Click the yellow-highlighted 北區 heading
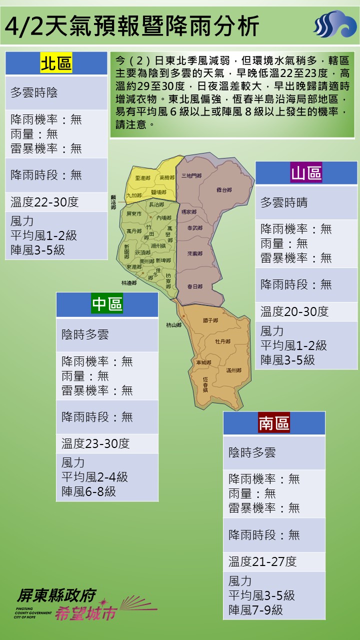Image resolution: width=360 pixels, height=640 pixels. click(56, 63)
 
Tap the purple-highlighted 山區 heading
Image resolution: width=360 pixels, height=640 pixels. click(306, 173)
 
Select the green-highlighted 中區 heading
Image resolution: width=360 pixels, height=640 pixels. click(107, 304)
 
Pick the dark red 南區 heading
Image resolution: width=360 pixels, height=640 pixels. click(274, 423)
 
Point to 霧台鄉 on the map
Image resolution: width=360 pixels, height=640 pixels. click(224, 190)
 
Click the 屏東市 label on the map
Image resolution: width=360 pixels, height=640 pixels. click(134, 213)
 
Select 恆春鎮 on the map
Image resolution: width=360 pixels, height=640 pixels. click(205, 384)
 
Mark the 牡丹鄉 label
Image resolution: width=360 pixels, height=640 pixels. click(222, 341)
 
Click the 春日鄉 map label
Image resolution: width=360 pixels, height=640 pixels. click(194, 286)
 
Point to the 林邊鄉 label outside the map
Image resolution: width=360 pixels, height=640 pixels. click(128, 282)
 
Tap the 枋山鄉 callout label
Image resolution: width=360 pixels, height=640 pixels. click(174, 325)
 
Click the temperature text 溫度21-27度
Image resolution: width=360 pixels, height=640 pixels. click(262, 561)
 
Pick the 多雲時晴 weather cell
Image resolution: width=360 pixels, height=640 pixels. click(284, 202)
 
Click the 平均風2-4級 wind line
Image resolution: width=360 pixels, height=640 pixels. click(94, 477)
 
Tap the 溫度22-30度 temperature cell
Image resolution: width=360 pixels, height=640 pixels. click(44, 202)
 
